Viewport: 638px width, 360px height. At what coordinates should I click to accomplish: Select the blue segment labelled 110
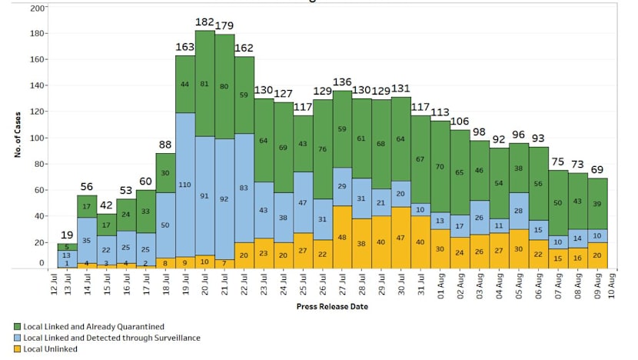coord(185,185)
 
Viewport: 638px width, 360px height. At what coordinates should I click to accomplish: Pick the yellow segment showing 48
coord(342,236)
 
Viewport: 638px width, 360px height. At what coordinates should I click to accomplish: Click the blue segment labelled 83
coord(244,188)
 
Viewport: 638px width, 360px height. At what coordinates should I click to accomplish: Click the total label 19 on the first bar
coord(67,235)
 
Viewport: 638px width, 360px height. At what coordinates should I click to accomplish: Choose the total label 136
coord(342,83)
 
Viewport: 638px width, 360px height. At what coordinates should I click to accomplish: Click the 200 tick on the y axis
coord(37,8)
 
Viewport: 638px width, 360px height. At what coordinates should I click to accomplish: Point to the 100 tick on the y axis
coord(37,138)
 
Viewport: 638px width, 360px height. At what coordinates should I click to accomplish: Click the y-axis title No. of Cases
coord(17,136)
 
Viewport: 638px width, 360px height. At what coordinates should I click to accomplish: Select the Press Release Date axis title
coord(331,306)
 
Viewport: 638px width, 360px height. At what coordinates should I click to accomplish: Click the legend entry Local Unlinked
coord(50,348)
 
